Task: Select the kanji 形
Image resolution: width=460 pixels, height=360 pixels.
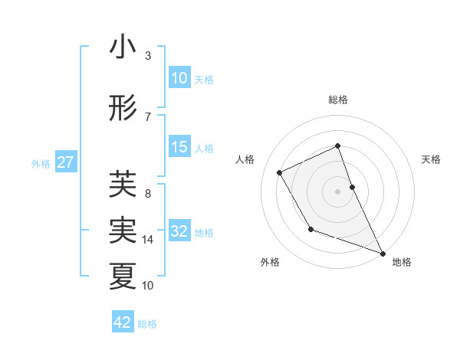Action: coord(123,109)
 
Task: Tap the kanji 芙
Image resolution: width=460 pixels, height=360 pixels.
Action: coord(123,183)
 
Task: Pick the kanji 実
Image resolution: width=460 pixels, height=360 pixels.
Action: coord(123,229)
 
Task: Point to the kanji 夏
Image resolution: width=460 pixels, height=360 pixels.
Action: coord(123,277)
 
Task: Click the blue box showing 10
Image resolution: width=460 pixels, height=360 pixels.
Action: coord(179,78)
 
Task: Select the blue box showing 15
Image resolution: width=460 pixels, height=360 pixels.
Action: coord(179,147)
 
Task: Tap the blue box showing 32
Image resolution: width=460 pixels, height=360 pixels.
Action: coord(179,231)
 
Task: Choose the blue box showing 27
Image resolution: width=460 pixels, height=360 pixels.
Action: coord(66,162)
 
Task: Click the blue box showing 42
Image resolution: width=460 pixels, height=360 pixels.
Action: coord(123,322)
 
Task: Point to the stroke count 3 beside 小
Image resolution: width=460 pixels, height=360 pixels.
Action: coord(148,56)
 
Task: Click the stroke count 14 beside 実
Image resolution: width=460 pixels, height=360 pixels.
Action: coord(148,240)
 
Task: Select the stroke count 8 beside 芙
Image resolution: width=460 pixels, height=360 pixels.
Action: coord(148,194)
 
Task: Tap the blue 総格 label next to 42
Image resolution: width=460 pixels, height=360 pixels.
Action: coord(147,324)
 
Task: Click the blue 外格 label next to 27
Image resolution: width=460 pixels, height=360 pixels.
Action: coord(41,163)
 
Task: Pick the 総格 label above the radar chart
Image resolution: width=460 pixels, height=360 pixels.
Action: coord(338,100)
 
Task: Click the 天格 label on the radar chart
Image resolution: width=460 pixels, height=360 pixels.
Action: coord(432,159)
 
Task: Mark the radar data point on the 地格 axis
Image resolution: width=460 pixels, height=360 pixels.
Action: coord(383,253)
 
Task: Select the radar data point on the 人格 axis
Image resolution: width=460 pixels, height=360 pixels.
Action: coord(280,172)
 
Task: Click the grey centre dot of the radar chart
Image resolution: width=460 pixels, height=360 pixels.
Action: coord(337,191)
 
